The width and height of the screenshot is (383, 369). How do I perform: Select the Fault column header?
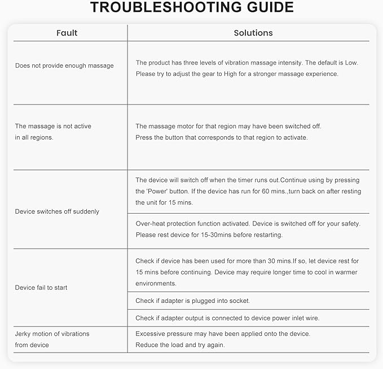tap(67, 33)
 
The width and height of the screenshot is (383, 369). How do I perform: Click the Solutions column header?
tap(253, 33)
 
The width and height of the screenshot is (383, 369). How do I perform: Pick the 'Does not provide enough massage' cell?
tap(64, 66)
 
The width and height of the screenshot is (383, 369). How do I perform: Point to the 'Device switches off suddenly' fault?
tap(57, 211)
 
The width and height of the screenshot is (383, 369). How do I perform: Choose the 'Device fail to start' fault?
tap(41, 288)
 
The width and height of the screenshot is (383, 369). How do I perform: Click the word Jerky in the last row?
tap(24, 334)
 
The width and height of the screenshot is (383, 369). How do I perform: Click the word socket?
tap(239, 301)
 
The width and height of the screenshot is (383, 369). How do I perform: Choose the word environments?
tap(156, 283)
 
